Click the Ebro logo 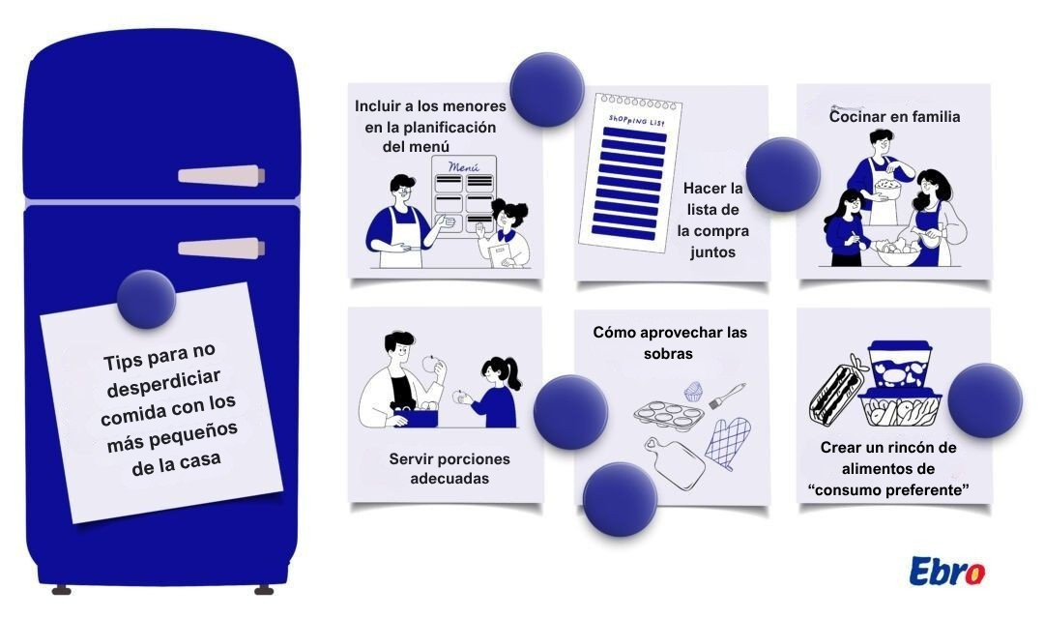click(x=946, y=571)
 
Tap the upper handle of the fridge click(x=220, y=176)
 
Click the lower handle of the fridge click(x=220, y=248)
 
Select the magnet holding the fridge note click(x=146, y=299)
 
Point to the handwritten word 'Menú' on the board click(x=464, y=167)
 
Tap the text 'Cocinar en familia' click(x=894, y=116)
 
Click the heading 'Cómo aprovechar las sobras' click(x=670, y=342)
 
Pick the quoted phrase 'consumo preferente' click(x=888, y=489)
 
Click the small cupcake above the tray click(x=693, y=391)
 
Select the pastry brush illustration click(x=728, y=397)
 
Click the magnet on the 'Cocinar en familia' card click(x=782, y=174)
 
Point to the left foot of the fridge click(x=61, y=589)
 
